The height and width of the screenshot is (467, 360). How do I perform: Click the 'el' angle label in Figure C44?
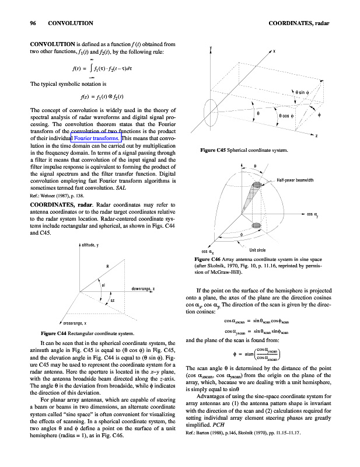pos(103,286)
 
